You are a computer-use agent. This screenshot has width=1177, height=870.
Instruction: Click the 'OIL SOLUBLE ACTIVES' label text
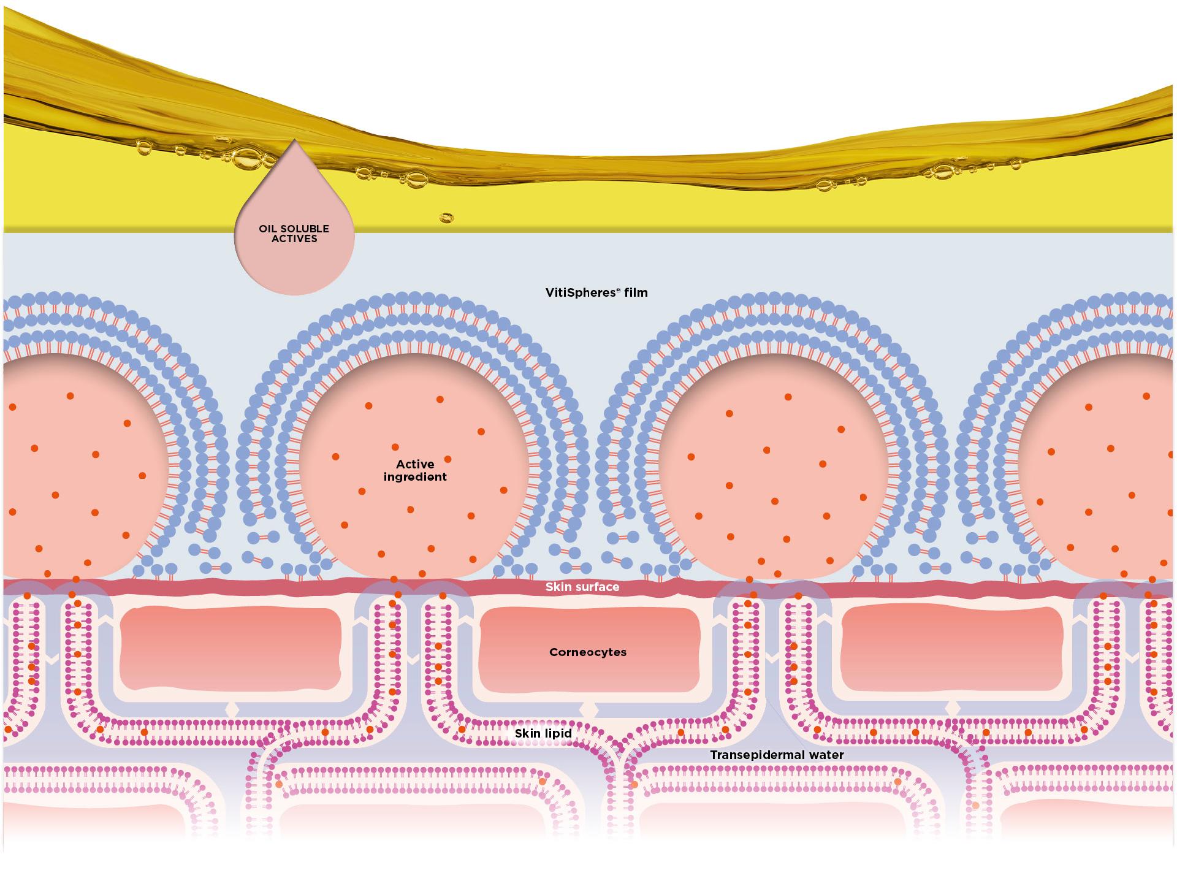pos(294,234)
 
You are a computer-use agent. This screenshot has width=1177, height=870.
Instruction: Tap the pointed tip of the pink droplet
pos(295,141)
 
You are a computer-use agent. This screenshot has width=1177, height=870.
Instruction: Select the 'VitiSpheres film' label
pos(596,292)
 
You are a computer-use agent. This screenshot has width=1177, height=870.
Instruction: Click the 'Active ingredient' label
pos(415,470)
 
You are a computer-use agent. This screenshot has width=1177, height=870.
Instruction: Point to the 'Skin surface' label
pos(582,587)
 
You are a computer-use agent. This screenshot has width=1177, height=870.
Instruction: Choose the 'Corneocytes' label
pos(587,652)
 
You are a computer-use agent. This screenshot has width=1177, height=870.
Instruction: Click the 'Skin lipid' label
pos(543,733)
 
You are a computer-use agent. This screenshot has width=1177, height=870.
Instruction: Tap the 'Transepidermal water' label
pos(777,755)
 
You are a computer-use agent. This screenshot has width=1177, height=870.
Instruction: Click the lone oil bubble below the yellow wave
pos(446,218)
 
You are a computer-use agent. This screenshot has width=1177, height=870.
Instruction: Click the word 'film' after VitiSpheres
pos(636,292)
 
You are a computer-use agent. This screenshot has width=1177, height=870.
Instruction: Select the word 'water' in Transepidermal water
pos(825,755)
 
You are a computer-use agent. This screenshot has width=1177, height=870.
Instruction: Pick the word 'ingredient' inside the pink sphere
pos(415,477)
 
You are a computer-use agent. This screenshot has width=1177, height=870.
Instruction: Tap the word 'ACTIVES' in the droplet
pos(294,238)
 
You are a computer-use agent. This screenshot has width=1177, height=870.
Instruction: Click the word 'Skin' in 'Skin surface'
pos(557,587)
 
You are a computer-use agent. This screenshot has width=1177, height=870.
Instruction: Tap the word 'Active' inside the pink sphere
pos(415,464)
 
